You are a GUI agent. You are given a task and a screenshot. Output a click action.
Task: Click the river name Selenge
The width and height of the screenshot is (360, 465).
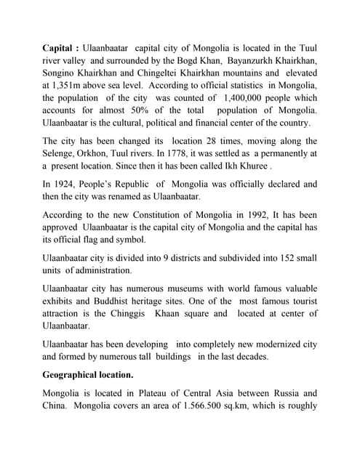click(61, 153)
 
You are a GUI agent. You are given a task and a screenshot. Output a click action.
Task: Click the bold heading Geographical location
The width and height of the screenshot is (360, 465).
click(88, 376)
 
